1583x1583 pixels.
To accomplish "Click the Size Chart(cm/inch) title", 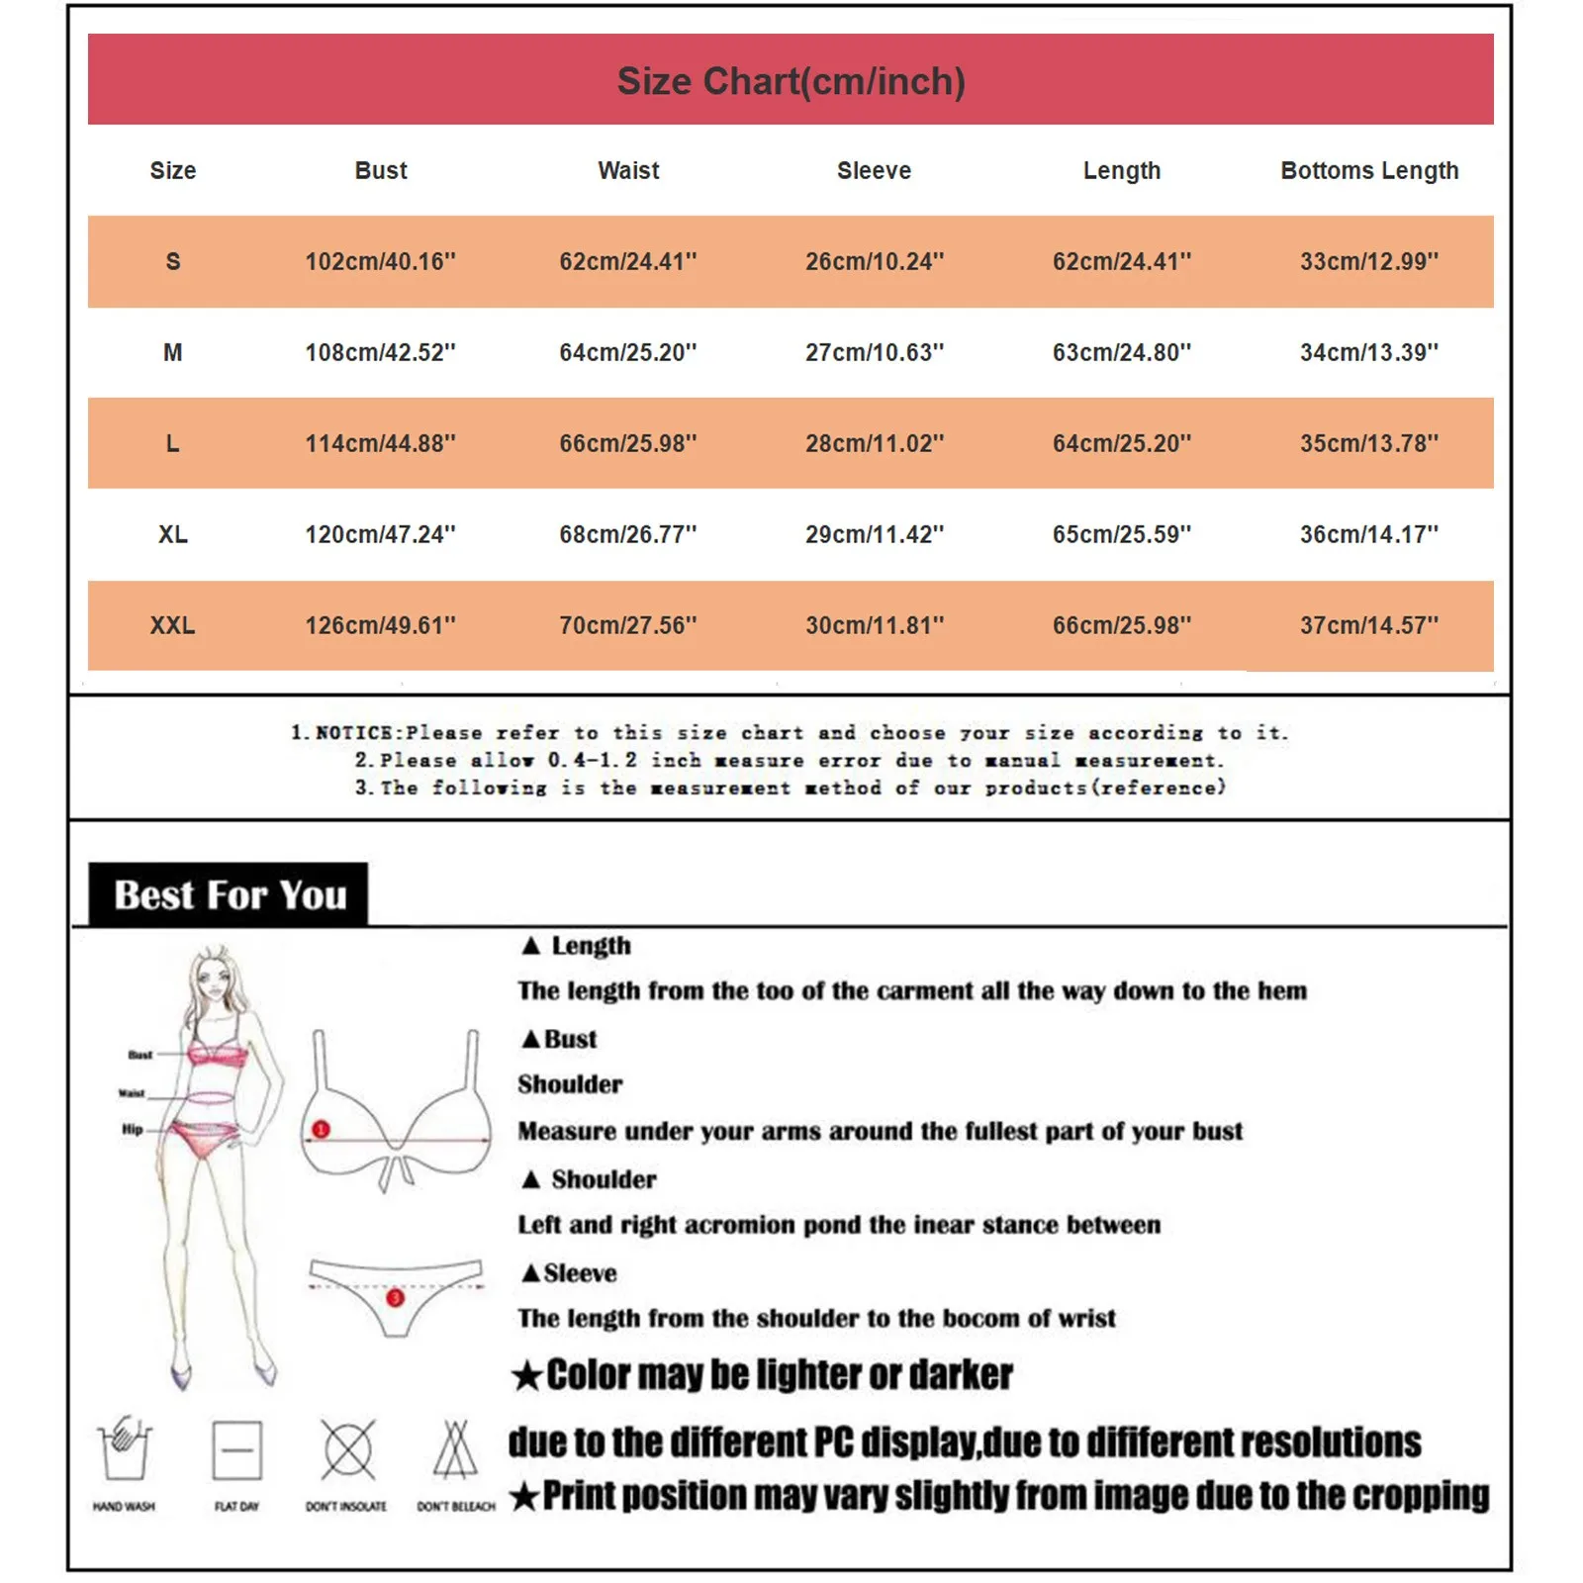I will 791,81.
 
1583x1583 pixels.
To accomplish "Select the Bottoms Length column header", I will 1369,170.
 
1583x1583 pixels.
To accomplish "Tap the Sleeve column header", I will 874,170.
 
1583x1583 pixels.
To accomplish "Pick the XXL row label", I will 172,625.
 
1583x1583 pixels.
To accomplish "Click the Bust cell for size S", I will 380,261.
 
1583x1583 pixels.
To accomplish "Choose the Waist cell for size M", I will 627,352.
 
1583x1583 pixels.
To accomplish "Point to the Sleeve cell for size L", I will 874,443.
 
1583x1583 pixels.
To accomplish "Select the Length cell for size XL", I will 1121,534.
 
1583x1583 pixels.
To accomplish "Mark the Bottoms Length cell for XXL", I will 1369,625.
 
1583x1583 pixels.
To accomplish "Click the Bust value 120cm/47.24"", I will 380,534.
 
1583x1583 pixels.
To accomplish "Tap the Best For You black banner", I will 229,894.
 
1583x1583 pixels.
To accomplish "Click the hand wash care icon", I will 124,1449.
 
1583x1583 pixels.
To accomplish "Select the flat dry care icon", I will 237,1450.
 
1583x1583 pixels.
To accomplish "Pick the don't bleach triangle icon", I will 455,1449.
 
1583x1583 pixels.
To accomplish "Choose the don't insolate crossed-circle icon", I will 347,1450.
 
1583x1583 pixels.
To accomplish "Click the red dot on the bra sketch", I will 321,1129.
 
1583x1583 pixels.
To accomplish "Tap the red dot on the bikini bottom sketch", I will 395,1297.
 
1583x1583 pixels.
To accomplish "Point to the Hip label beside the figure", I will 133,1129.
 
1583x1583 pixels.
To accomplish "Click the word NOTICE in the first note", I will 353,733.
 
